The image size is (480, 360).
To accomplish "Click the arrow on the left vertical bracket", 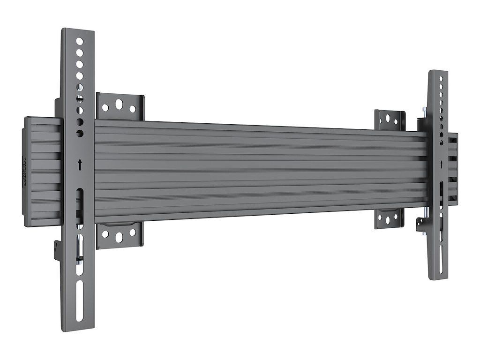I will pos(80,164).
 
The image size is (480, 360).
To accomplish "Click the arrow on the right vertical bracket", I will pos(441,164).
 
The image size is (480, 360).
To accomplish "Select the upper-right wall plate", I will pos(390,120).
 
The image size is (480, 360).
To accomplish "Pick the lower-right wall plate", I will pos(389,218).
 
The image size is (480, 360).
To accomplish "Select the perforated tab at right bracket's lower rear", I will pos(420,224).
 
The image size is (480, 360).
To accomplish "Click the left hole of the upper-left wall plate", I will pos(105,107).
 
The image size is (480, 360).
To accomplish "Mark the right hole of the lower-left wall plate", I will pos(133,232).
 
